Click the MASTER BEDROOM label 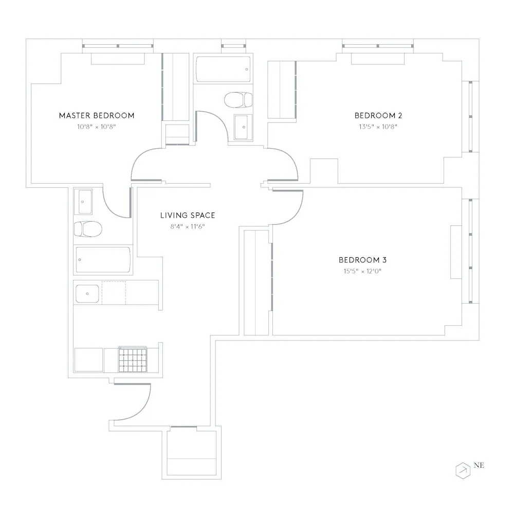pos(97,115)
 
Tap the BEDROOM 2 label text pos(375,115)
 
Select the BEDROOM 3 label pos(359,260)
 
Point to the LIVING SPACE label pos(188,216)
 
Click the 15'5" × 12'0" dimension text pos(359,271)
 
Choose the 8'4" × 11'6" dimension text pos(188,226)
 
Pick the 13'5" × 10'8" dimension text pos(375,126)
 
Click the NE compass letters pos(479,466)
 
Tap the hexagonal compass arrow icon pos(463,470)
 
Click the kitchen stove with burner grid pos(133,359)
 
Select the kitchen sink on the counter pos(87,293)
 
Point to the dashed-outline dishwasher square pos(114,293)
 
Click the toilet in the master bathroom pos(87,228)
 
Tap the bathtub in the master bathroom pos(103,260)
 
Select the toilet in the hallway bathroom pos(239,99)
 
